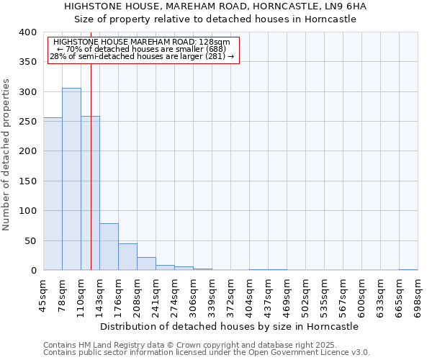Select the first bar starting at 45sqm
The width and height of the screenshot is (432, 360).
53,194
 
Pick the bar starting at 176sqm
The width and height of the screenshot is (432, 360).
127,257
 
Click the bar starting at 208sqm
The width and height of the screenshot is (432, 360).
146,264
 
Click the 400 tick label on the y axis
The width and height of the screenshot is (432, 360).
27,32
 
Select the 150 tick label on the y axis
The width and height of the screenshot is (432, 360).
27,181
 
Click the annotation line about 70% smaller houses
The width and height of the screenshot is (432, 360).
142,49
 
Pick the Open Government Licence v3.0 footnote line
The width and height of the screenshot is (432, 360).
206,353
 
